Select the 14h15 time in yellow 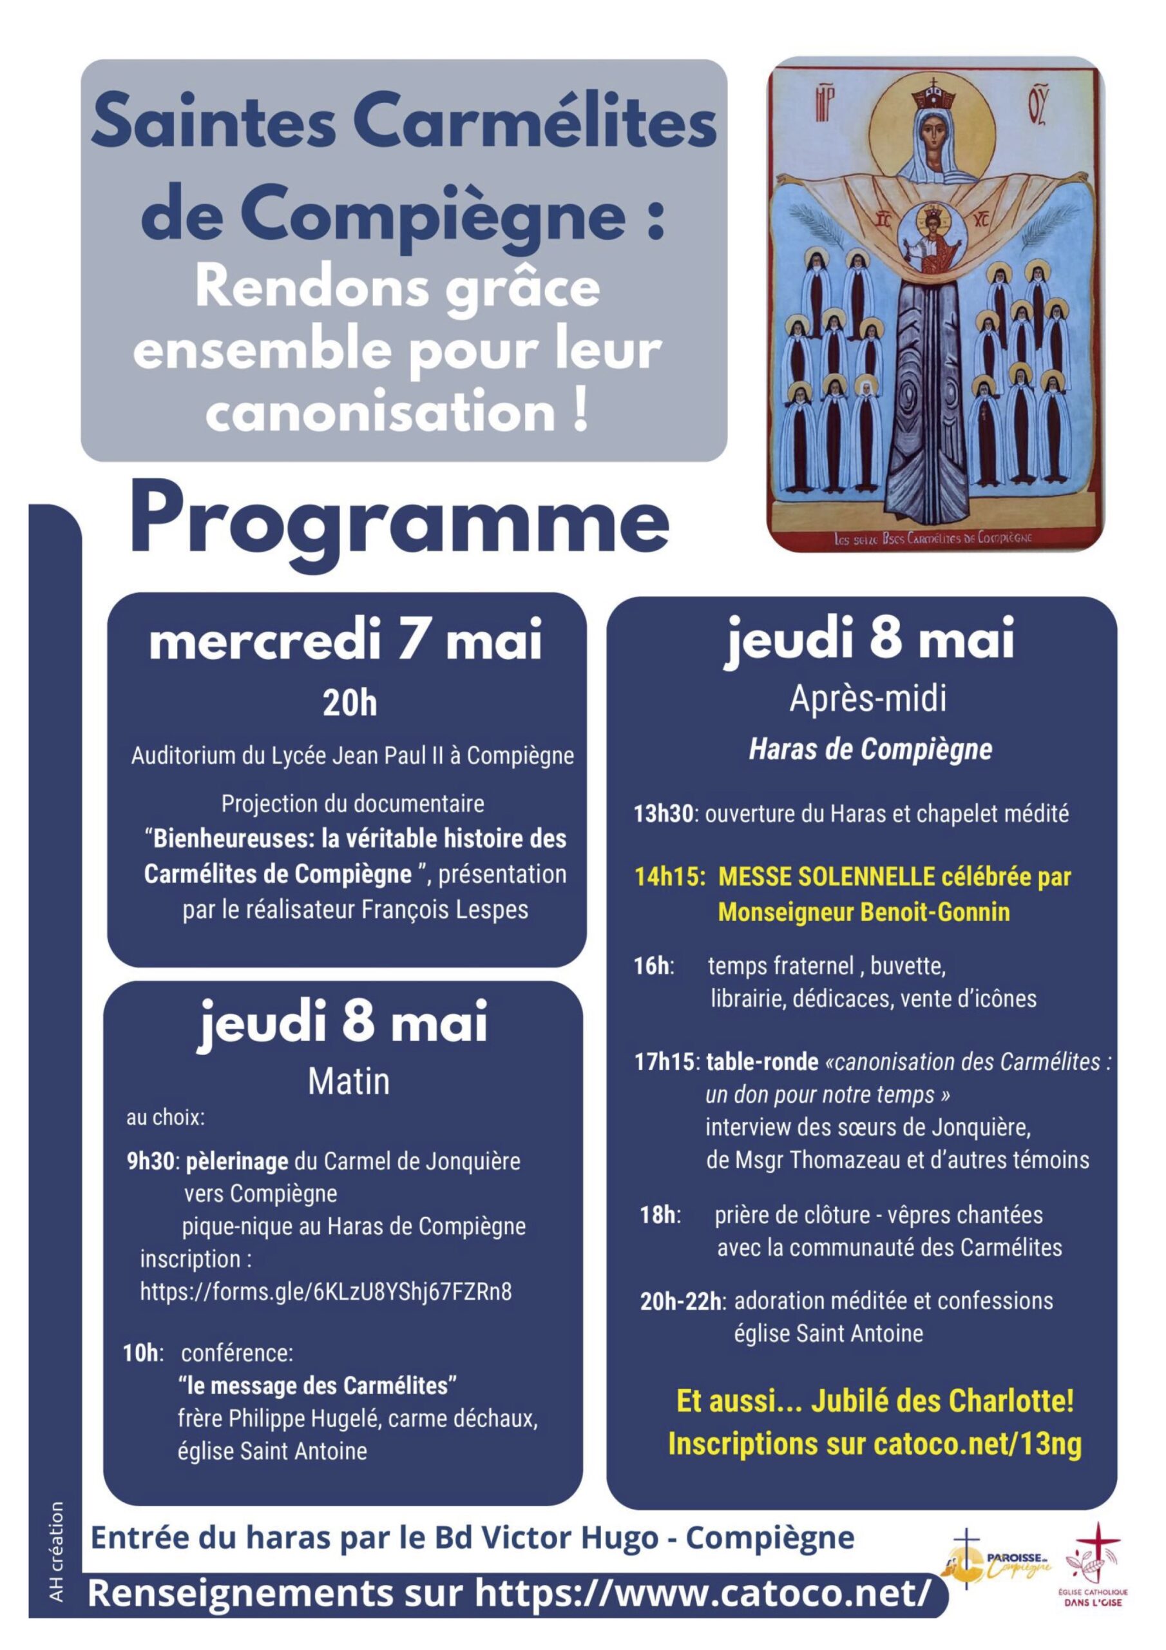click(x=668, y=877)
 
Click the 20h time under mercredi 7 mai click(x=349, y=704)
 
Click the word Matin click(x=349, y=1082)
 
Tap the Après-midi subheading click(x=868, y=699)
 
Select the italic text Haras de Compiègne click(x=870, y=750)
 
